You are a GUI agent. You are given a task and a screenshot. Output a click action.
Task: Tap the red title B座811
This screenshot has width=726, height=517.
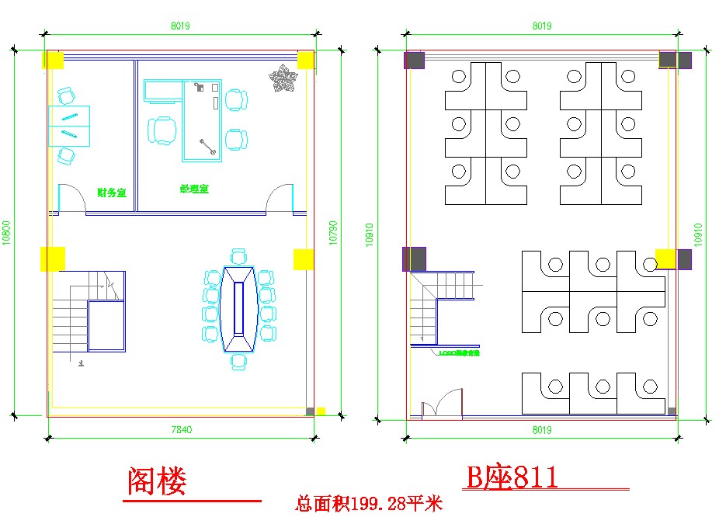pyautogui.click(x=512, y=477)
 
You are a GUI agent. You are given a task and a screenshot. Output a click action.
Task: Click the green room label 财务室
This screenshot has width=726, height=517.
pyautogui.click(x=112, y=193)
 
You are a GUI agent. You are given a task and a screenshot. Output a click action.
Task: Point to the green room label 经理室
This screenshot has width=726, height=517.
pyautogui.click(x=194, y=189)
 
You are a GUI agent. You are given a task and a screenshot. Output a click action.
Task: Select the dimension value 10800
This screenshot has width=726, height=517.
pyautogui.click(x=6, y=234)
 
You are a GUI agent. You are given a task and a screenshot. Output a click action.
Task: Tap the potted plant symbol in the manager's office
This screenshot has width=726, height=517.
pyautogui.click(x=283, y=78)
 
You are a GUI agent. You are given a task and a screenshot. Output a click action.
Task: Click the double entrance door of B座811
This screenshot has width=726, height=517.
pyautogui.click(x=439, y=405)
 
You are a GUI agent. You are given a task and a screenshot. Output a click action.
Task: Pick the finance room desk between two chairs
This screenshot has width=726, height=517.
pyautogui.click(x=69, y=126)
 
